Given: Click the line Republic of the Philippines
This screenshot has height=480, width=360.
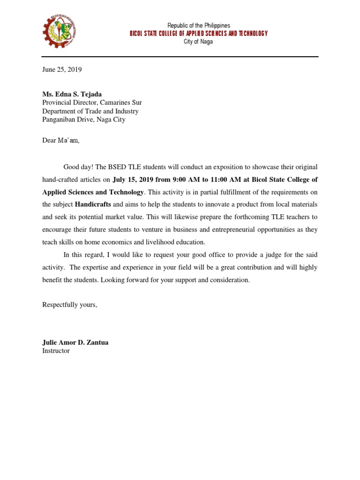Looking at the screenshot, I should pos(199,25).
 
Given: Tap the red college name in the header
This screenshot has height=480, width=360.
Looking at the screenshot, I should pos(199,33).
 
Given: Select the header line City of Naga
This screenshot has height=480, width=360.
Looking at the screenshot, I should pos(198,42).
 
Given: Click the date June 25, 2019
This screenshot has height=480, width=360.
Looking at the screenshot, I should pos(62,70).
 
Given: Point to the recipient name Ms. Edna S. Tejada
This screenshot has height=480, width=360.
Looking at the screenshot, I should pos(71,94).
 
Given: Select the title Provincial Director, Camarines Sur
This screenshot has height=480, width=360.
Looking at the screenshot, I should pos(92,103).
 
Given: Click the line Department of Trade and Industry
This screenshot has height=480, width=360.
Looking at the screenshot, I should pos(90,111).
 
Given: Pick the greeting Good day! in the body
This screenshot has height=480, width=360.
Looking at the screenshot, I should pos(78,167).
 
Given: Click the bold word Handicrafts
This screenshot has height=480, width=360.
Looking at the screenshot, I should pos(93,204).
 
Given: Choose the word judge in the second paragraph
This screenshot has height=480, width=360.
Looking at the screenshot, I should pos(271,255).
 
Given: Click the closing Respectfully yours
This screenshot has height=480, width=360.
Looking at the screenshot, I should pos(69,305).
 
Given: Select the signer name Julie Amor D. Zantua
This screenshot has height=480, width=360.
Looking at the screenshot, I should pos(75,343).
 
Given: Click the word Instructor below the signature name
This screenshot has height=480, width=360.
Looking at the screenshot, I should pos(56,351).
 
